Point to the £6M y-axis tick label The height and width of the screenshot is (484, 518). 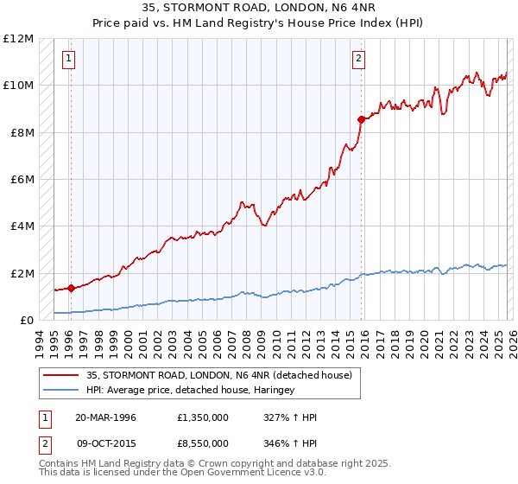tap(20, 180)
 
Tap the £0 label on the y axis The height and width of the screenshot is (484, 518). tap(26, 321)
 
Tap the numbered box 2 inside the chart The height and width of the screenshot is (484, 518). tap(358, 59)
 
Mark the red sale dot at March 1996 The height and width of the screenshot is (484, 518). tap(71, 289)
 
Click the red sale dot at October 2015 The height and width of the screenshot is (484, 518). tap(361, 119)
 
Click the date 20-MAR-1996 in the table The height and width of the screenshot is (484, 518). tap(105, 417)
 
